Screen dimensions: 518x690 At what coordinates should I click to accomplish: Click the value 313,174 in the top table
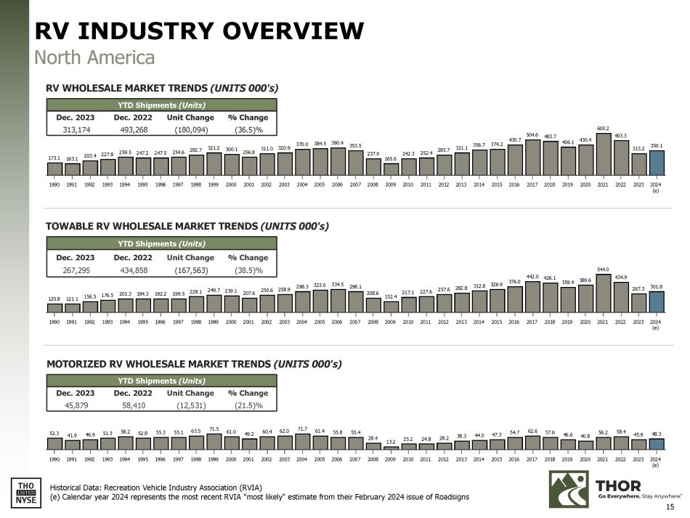76,130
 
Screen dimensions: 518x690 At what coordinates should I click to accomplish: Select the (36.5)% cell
248,130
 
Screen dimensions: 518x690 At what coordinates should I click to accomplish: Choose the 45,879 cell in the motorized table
76,405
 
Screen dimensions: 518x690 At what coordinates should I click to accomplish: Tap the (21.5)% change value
248,405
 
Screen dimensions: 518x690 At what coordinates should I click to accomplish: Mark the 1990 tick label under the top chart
54,184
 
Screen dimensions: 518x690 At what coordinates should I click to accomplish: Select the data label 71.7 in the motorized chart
302,431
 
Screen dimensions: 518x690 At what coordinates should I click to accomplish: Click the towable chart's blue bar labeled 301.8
657,302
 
